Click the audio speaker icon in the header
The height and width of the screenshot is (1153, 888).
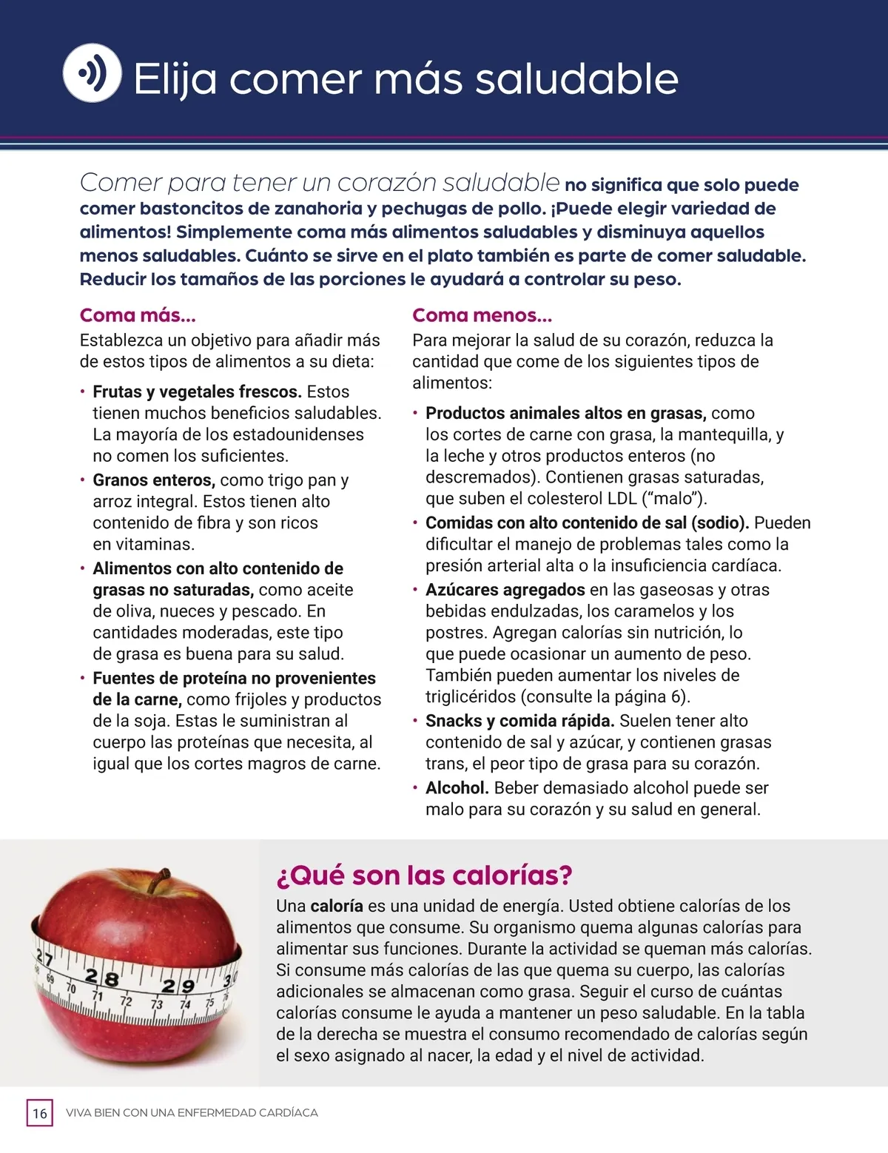92,73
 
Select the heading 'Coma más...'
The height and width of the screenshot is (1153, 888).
138,315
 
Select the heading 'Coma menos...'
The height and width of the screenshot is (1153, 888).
482,315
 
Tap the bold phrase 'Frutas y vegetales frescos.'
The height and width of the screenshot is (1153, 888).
197,391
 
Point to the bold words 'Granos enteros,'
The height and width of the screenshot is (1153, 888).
154,480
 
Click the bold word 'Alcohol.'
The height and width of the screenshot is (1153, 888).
457,787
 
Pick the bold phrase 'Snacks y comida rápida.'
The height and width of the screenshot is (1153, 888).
519,720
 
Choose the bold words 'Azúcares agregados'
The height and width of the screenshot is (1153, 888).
505,589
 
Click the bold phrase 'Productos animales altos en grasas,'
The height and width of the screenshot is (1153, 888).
565,413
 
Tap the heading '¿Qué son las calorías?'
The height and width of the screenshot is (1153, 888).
424,875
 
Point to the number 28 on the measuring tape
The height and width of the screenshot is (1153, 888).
102,978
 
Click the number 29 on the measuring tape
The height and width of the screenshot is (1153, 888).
178,986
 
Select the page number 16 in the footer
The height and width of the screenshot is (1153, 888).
40,1113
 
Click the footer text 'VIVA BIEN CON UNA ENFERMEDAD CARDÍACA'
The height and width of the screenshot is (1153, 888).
192,1113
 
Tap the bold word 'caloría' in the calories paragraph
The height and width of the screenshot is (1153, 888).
337,906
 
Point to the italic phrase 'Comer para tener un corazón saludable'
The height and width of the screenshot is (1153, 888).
319,182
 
